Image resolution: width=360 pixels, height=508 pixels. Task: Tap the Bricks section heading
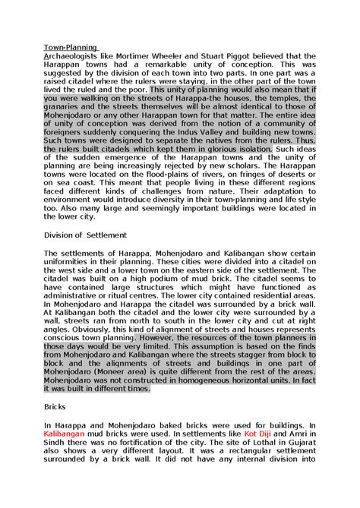[56, 407]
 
